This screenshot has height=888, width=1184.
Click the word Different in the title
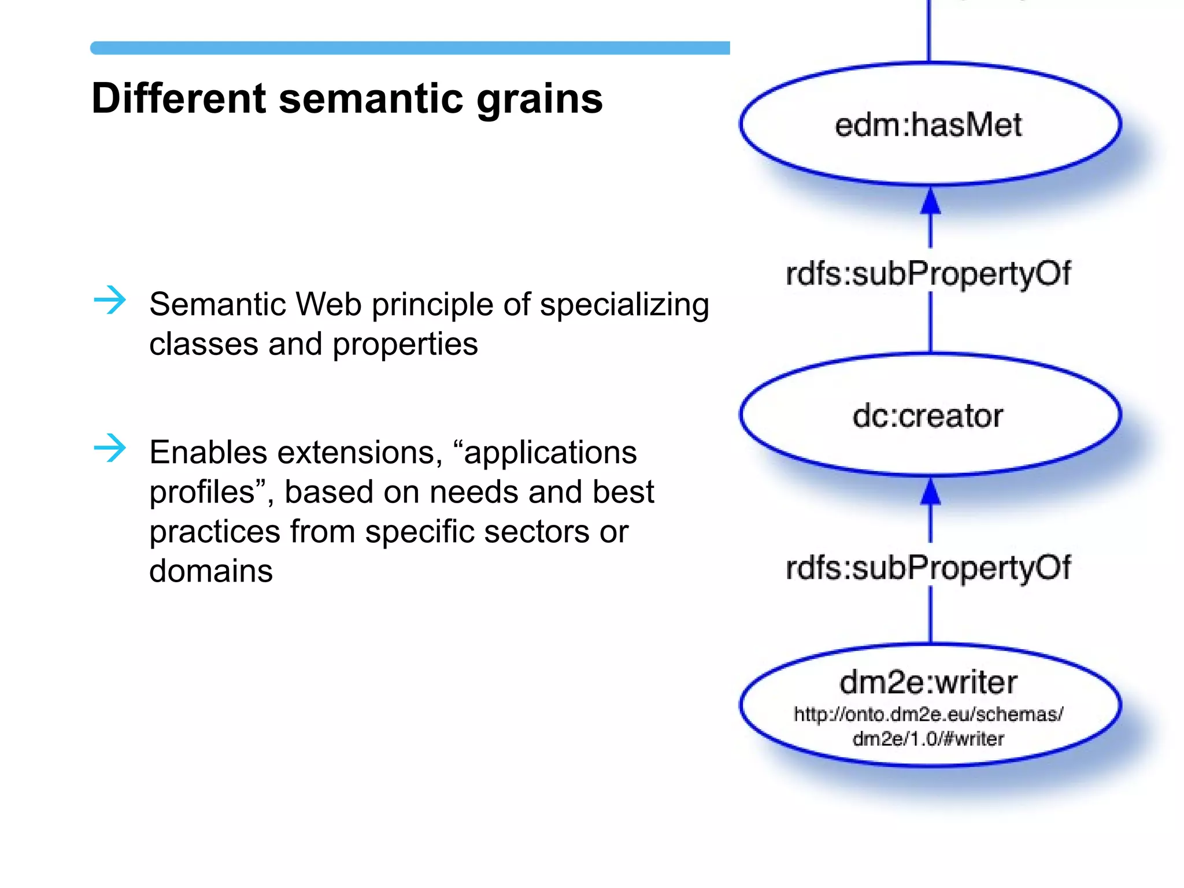click(178, 98)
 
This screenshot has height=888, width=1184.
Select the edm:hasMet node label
click(928, 125)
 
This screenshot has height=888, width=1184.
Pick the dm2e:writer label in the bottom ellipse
click(928, 682)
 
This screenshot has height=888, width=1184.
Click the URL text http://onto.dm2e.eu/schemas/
click(928, 715)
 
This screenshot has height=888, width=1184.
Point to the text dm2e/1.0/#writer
click(928, 739)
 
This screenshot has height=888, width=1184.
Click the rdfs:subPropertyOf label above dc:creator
click(928, 273)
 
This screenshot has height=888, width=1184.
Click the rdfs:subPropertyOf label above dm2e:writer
click(928, 567)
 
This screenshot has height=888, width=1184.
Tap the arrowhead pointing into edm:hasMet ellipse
click(930, 201)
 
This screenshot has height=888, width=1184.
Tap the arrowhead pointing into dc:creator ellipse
click(930, 492)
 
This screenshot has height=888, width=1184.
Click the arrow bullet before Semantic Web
click(110, 300)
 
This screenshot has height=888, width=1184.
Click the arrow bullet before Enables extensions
click(110, 448)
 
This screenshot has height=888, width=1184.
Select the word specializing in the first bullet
click(624, 305)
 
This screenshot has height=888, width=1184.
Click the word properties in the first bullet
click(405, 345)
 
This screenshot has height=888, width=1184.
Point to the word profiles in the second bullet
click(202, 493)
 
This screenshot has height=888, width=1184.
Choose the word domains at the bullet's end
click(211, 571)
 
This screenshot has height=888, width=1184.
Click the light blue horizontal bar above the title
click(409, 48)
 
